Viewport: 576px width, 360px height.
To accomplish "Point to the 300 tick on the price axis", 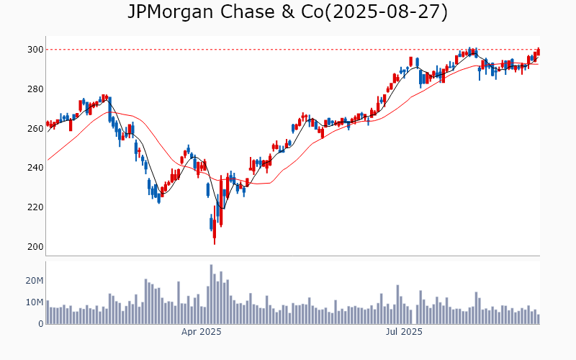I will click(x=35, y=50).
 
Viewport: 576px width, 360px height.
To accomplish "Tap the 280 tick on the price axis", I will click(x=35, y=89).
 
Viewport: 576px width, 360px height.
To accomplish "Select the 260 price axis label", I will click(x=35, y=129).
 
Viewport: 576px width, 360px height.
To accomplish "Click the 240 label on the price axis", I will click(x=35, y=168).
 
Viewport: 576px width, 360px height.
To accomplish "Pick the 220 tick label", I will click(x=35, y=207).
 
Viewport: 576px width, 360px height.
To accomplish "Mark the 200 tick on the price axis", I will click(x=35, y=247).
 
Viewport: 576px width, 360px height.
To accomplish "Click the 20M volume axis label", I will click(x=34, y=280).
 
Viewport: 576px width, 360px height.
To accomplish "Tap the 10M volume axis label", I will click(x=34, y=302).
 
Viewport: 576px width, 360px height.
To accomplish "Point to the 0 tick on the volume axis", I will click(x=40, y=324).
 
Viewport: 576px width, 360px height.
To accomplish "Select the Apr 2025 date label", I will click(x=201, y=332).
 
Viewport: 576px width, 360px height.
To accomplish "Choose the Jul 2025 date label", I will click(x=404, y=332).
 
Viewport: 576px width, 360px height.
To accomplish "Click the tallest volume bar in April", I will click(x=212, y=294).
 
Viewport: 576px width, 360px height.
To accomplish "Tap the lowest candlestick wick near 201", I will click(x=215, y=242).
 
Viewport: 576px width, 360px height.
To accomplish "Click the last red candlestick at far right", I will click(x=538, y=51).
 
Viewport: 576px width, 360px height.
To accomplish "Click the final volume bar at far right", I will click(x=538, y=319).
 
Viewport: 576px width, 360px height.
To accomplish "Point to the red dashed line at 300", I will click(x=288, y=50).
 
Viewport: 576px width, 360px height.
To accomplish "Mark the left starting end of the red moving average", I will click(x=48, y=160).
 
